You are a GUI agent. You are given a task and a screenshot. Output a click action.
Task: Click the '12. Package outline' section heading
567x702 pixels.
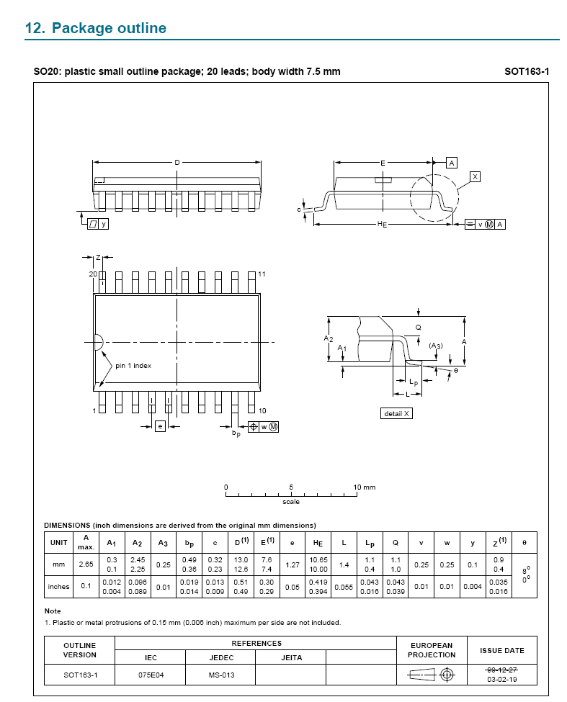tap(95, 28)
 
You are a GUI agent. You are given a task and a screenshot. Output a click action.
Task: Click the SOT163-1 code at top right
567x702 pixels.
tap(526, 71)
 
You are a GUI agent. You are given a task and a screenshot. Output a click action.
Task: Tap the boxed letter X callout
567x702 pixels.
tap(476, 177)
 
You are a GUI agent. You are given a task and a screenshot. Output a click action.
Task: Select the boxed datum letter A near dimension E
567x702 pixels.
tap(452, 163)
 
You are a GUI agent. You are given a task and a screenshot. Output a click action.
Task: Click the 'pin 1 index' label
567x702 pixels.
tap(133, 366)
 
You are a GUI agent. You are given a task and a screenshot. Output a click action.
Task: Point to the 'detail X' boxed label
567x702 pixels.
tap(396, 414)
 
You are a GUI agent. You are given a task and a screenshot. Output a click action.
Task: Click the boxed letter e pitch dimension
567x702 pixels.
tap(161, 426)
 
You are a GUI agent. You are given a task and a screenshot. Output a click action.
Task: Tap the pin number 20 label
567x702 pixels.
tap(93, 274)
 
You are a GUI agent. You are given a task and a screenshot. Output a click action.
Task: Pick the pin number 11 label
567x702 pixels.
tap(262, 274)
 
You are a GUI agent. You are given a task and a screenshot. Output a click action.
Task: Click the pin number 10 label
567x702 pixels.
tap(262, 410)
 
